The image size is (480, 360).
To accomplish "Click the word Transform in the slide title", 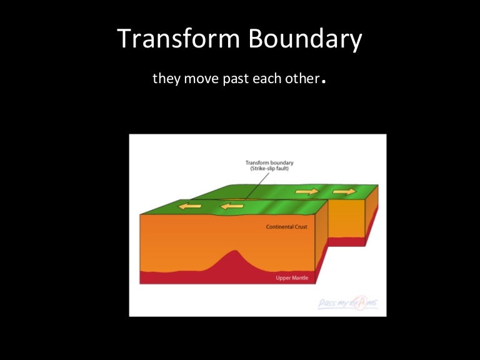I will pos(177,39).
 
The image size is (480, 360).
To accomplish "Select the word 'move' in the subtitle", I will pos(199,81).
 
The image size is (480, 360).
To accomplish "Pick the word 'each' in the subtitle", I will pos(262,81).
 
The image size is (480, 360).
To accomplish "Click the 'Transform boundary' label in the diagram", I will pos(269,162).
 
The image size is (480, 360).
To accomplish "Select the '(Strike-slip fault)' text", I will pos(269,169).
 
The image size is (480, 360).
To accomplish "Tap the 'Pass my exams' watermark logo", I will pos(347,303).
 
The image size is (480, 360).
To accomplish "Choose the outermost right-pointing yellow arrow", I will pos(344,191).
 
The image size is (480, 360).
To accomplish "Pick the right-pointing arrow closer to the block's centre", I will pos(307,192).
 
